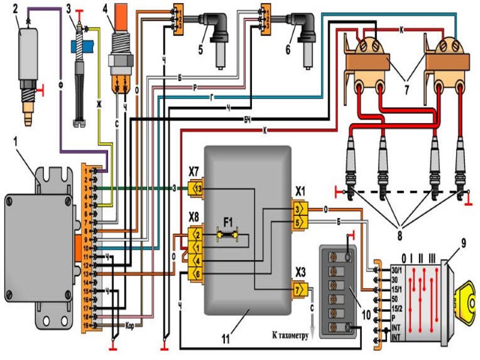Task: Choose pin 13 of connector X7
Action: click(x=198, y=188)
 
